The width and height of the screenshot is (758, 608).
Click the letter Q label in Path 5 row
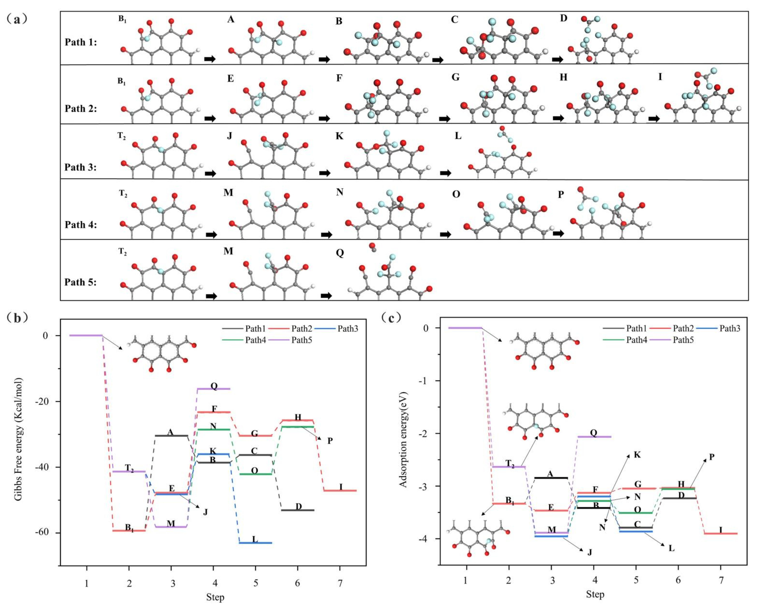[340, 253]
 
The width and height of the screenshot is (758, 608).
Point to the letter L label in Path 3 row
[458, 136]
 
